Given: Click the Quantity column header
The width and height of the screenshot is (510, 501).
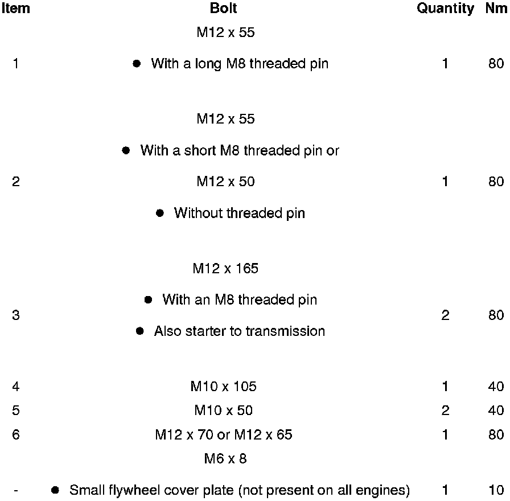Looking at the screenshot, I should (445, 9).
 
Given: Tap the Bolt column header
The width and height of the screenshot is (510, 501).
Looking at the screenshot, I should (223, 9).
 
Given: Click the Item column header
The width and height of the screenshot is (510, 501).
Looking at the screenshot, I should (15, 9).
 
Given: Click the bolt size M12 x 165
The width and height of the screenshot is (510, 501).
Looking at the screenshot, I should (225, 268).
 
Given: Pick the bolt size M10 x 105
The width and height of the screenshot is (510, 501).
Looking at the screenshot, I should (223, 387).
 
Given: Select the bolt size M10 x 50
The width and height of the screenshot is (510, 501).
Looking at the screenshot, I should (223, 410).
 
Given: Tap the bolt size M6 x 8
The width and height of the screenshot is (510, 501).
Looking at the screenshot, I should (225, 458).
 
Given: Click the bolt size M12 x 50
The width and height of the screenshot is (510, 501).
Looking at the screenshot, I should (225, 182).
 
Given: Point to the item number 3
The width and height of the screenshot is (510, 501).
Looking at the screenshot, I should (15, 315).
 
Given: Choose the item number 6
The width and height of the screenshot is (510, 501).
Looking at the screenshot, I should (15, 434).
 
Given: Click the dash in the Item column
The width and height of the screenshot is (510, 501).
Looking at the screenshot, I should (15, 490).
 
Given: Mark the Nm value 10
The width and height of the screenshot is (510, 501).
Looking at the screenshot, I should (496, 490).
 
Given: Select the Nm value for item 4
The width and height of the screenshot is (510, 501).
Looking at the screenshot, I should (496, 387).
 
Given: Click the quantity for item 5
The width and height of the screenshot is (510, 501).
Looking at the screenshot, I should (445, 410).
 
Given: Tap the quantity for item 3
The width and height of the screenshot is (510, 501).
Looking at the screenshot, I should (445, 315).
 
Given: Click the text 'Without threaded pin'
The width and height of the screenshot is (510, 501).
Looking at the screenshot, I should (239, 213).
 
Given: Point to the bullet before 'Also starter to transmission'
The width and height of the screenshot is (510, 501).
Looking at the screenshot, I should (140, 331).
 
